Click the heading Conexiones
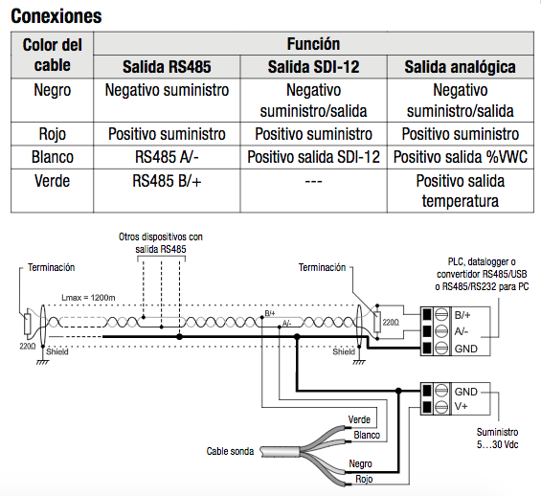pos(56,16)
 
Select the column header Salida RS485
pos(167,67)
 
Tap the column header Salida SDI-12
pos(314,67)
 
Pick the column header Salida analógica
pos(461,67)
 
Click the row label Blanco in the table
pos(53,157)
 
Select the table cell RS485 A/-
pos(167,157)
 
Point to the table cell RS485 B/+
pos(167,180)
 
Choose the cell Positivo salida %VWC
pos(461,157)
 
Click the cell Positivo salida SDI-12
pos(314,157)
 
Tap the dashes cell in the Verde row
pos(314,181)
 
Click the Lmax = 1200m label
pos(88,298)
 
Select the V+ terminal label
pos(461,406)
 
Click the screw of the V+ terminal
pos(440,407)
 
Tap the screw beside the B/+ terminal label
pos(440,315)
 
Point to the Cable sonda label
pos(230,451)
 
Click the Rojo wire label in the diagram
pos(364,479)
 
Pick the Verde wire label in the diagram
pos(359,419)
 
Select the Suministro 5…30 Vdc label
pos(498,438)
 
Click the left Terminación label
pos(51,267)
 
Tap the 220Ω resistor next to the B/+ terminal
pos(377,322)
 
